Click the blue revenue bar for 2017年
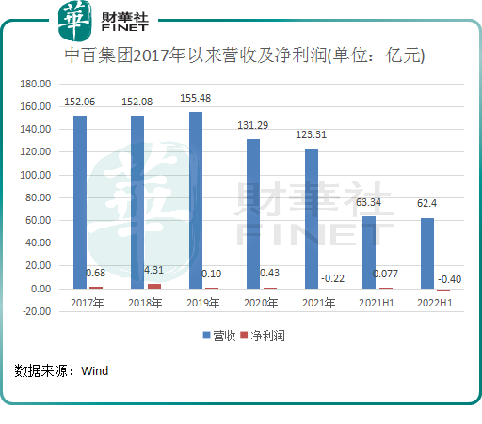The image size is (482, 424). (80, 201)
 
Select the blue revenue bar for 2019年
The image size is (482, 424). (195, 199)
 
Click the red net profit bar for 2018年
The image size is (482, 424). (154, 286)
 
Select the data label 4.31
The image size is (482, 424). (153, 271)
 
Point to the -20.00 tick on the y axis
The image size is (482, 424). (35, 311)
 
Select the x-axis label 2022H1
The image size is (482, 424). (434, 303)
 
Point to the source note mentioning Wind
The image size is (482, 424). (62, 370)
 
